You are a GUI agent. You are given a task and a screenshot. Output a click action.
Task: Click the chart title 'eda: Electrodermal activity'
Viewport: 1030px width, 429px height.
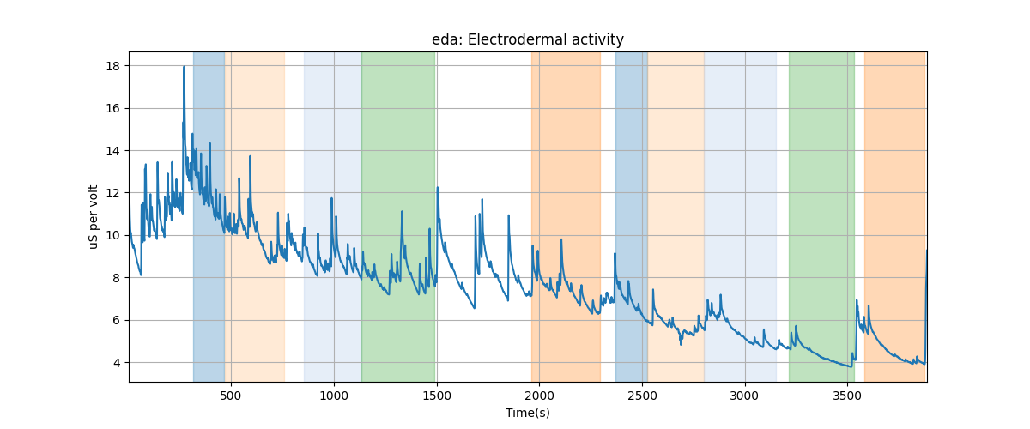click(x=527, y=39)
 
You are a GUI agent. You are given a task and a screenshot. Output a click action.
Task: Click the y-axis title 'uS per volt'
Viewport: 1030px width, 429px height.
click(x=94, y=217)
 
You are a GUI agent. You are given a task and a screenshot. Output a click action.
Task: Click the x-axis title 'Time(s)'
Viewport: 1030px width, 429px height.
click(x=527, y=413)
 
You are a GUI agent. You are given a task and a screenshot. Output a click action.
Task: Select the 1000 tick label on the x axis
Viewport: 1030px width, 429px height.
click(x=333, y=395)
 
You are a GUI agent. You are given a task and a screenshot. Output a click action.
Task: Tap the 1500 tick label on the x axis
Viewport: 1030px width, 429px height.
click(x=436, y=395)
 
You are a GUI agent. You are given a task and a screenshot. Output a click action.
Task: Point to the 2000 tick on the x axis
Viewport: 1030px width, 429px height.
click(x=539, y=395)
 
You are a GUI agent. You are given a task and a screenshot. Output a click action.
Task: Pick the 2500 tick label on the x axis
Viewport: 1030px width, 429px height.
click(x=642, y=395)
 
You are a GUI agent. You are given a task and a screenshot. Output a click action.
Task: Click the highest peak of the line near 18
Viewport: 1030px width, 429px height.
click(x=184, y=67)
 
